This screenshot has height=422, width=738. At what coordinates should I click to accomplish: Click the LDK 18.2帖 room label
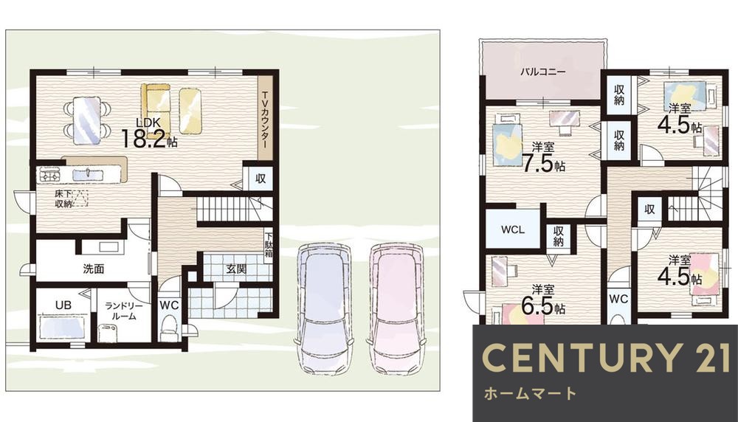pos(148,134)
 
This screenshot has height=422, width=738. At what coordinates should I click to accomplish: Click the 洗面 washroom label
pos(93,269)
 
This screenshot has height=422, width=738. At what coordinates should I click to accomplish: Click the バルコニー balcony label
pos(542,72)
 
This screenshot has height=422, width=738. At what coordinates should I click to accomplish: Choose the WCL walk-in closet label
pos(512,229)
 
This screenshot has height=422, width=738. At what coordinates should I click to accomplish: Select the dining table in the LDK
pos(86,118)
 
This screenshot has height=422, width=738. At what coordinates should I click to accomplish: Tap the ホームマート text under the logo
pos(529,393)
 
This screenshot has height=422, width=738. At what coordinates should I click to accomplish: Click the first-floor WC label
pos(169,304)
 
